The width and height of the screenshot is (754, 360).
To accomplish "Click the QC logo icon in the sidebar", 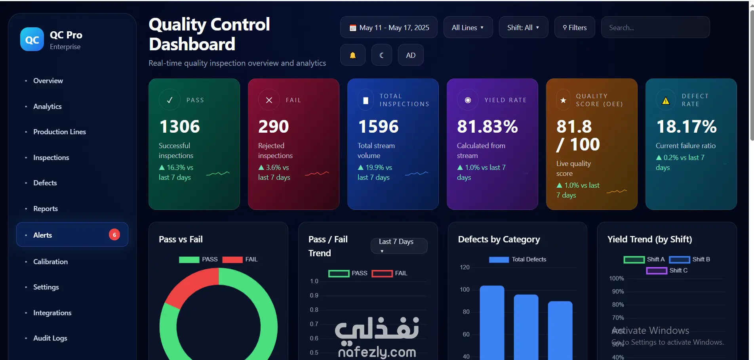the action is pos(32,39).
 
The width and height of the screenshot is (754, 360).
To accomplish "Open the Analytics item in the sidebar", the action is pos(48,106).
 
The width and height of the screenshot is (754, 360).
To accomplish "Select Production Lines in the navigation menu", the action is pos(59,132).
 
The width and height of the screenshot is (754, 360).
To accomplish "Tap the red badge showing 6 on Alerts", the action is pos(114,235).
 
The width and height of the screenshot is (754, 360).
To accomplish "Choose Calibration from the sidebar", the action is pos(50,261).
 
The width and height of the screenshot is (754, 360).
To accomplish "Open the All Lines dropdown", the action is pos(468,27).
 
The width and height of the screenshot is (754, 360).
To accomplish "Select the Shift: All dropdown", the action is pos(524,27).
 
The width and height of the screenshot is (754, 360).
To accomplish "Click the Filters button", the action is pos(575,27).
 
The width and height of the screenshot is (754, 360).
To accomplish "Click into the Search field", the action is pos(655,27).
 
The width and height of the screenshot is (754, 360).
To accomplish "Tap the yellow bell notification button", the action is pos(352,55).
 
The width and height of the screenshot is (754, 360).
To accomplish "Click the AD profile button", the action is pos(411,55).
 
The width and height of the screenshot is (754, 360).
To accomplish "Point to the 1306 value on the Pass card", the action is pos(180,127).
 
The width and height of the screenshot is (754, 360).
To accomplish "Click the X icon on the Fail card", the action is pos(269,100).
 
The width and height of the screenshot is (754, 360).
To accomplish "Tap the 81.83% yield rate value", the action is pos(487,127).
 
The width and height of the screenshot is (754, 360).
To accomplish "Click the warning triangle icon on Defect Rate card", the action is pos(666,101).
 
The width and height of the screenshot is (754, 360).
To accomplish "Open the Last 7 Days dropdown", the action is pos(399,246).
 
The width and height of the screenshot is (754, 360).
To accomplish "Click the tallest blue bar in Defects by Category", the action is pos(492,323).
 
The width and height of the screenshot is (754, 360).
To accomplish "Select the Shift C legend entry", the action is pos(667,270).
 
